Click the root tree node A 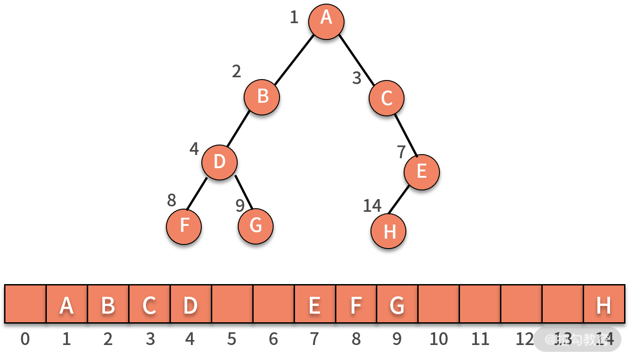click(x=326, y=22)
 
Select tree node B click(x=262, y=97)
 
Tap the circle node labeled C click(x=386, y=98)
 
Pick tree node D click(x=220, y=162)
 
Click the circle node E click(x=422, y=172)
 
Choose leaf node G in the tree click(x=255, y=226)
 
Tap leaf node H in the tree click(x=389, y=231)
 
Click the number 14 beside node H click(x=372, y=206)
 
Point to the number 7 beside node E click(x=401, y=152)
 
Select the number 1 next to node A click(x=294, y=18)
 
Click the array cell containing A click(x=67, y=304)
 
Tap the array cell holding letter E click(x=315, y=304)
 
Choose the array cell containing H click(x=604, y=304)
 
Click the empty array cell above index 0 click(x=25, y=304)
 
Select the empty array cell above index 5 click(x=232, y=304)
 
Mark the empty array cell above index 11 click(x=480, y=304)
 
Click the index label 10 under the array click(x=439, y=339)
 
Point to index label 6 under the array click(x=273, y=339)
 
